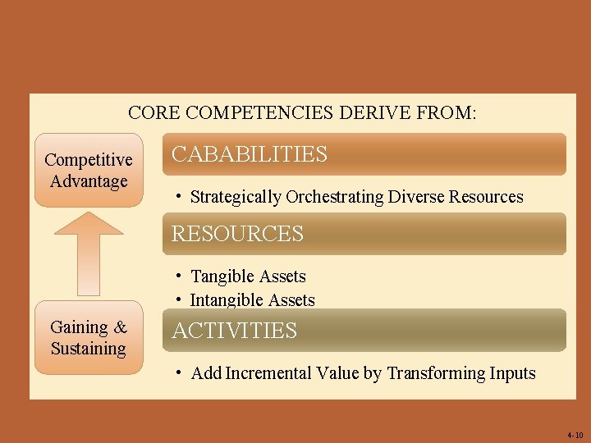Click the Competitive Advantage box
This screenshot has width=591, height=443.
point(88,171)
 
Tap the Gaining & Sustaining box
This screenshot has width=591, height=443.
point(88,338)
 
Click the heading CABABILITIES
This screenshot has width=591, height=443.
point(249,154)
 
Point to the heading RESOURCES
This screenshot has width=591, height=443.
point(237,234)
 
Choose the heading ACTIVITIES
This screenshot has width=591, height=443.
point(234,331)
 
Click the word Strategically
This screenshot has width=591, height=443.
point(236,197)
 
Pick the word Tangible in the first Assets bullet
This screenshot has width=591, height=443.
point(223,276)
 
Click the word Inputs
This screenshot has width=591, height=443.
point(513,373)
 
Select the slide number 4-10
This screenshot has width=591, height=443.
point(575,434)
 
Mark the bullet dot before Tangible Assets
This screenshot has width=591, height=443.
point(178,276)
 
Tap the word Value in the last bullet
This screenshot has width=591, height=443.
point(338,373)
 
